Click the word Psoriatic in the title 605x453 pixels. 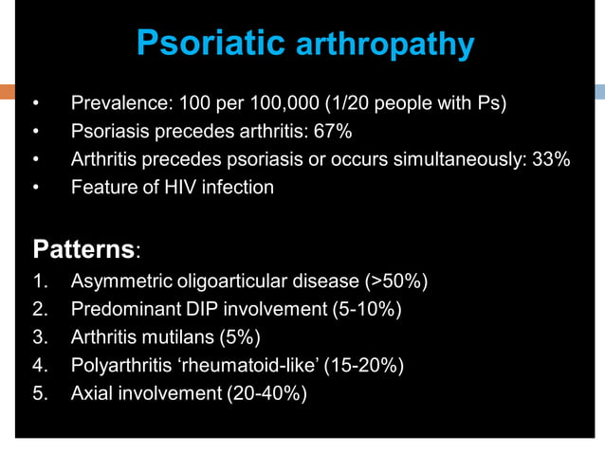210,43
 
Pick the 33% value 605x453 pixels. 551,159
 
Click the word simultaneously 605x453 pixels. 461,159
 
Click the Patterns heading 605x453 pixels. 83,250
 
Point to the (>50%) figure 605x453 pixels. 399,281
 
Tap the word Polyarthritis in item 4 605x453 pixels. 117,365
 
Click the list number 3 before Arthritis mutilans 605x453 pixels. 39,337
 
